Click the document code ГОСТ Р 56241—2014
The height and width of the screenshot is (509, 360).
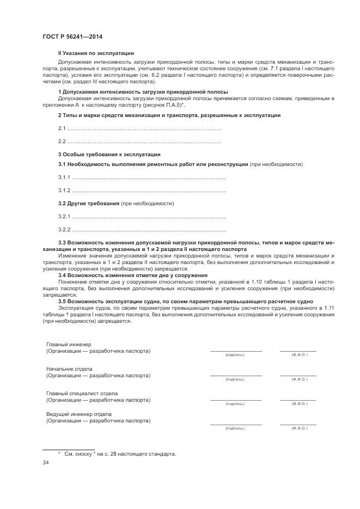tap(72, 36)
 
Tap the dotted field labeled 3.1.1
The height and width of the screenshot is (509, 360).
tap(149, 178)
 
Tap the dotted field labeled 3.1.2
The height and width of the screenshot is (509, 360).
tap(149, 191)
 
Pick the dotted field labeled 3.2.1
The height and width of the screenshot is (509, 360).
tap(149, 217)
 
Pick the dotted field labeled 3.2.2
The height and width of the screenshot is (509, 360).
tap(149, 230)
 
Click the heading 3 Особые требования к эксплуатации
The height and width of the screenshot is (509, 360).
tap(109, 155)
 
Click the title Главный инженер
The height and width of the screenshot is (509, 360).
tap(69, 345)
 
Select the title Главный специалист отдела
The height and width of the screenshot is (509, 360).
tap(82, 394)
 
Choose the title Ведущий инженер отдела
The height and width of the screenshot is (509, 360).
tap(79, 414)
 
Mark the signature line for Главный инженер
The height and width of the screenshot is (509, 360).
tap(235, 351)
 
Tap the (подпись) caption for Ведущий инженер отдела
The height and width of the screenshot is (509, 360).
tap(235, 428)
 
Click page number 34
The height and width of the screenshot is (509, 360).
tap(46, 463)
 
